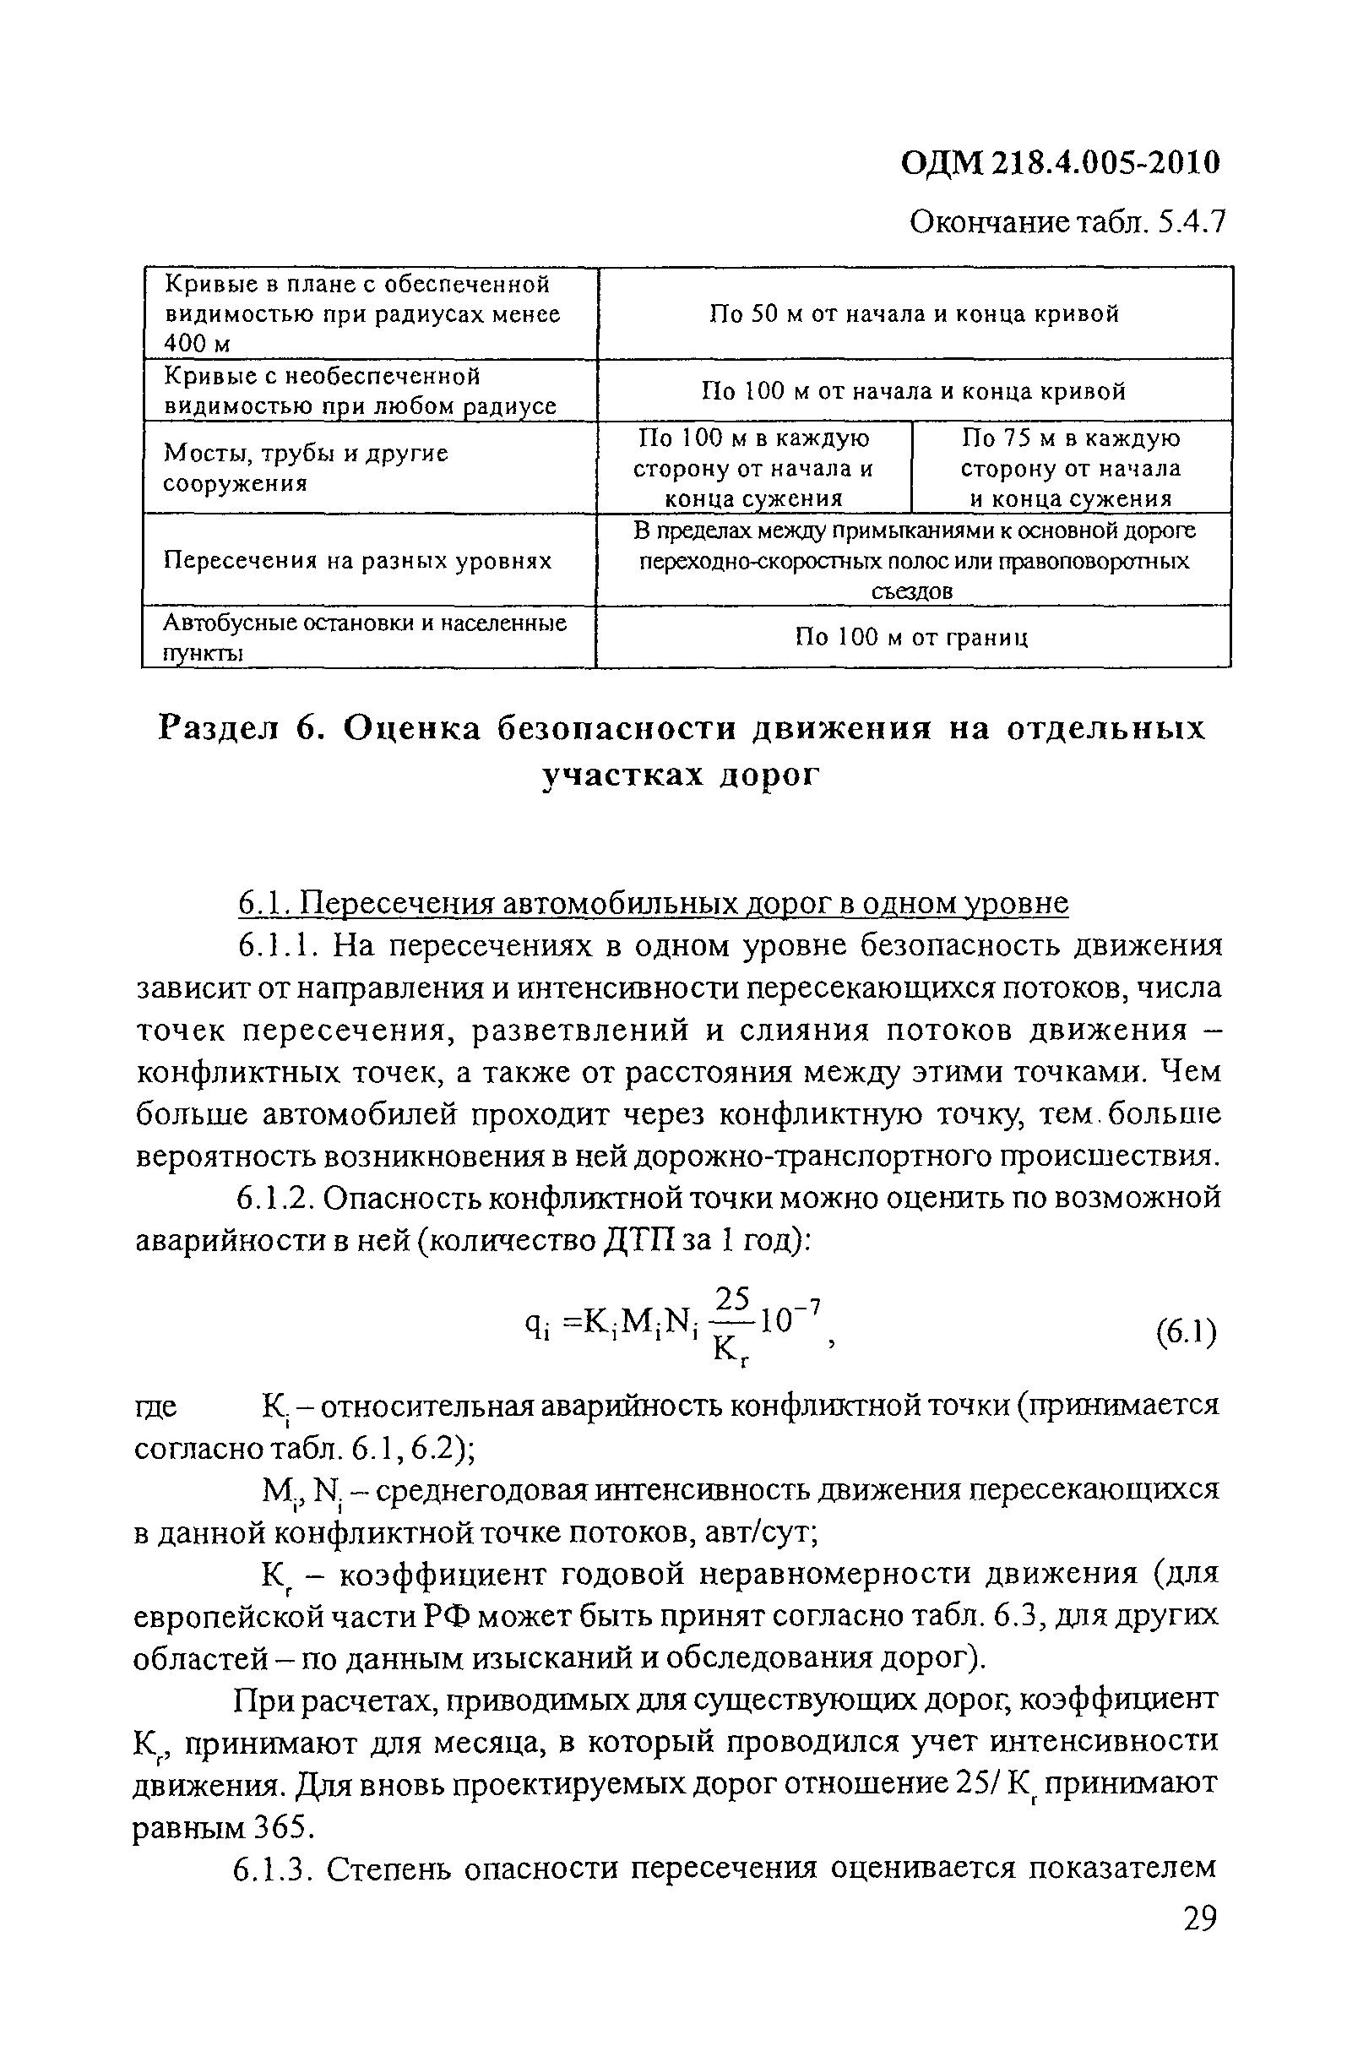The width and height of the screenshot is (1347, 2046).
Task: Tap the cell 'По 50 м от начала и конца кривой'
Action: pos(914,313)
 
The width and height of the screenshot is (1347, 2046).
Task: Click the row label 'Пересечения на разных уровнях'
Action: pos(357,561)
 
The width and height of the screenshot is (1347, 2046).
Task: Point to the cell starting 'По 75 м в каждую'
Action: pos(1070,469)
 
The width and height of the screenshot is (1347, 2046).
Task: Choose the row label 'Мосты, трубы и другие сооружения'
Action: pos(306,469)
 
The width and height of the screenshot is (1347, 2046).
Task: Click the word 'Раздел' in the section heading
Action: pos(220,728)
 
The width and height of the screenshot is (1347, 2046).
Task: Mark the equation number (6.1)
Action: pos(1187,1333)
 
